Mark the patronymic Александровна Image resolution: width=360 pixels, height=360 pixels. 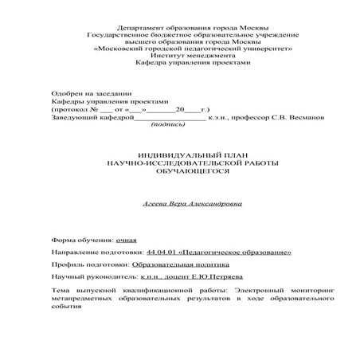pos(209,204)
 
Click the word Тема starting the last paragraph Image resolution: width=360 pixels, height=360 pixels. pos(60,291)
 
